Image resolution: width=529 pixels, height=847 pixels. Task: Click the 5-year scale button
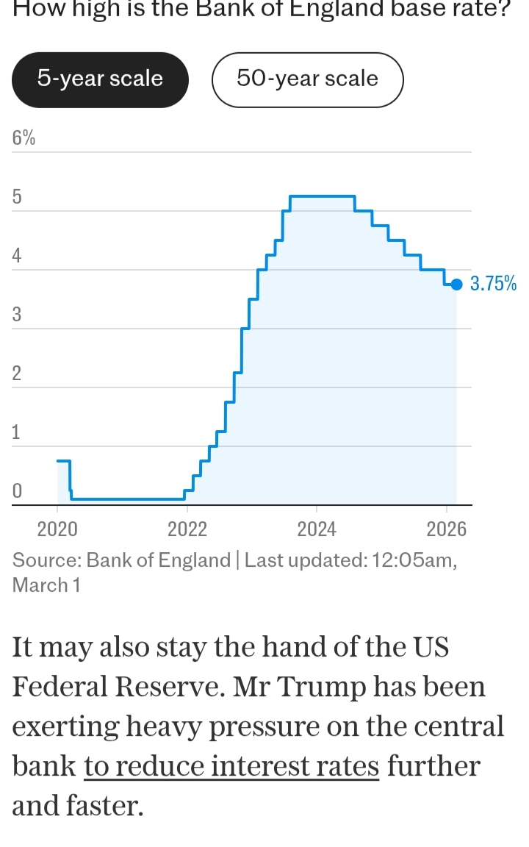point(100,79)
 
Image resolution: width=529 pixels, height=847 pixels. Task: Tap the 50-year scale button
point(307,79)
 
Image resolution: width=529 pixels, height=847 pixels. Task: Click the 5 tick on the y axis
point(17,197)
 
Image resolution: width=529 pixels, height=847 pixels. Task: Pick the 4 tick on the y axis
point(17,257)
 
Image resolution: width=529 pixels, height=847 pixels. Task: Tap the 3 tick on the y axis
point(17,315)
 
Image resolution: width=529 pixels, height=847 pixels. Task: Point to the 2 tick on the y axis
point(17,374)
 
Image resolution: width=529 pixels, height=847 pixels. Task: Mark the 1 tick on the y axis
point(17,433)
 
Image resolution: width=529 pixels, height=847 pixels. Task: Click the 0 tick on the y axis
point(17,490)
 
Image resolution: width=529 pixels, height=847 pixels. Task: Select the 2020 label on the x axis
point(57,528)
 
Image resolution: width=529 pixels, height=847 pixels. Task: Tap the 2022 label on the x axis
point(187,528)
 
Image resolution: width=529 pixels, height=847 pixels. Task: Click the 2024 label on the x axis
point(317,528)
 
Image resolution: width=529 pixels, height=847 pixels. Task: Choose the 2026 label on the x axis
point(447,528)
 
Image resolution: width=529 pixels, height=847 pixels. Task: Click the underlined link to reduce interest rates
point(231,766)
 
